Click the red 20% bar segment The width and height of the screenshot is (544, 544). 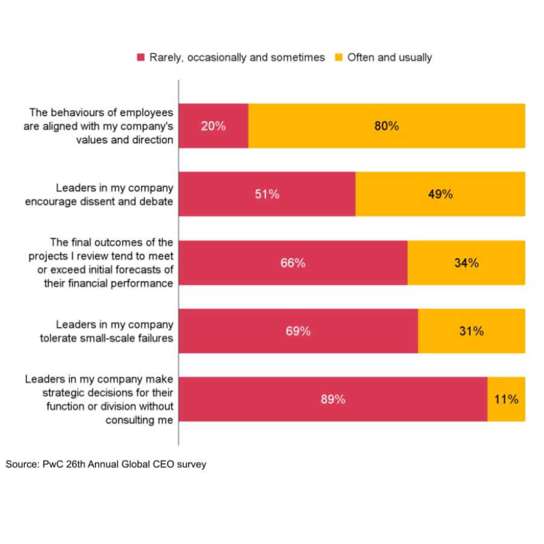tap(214, 126)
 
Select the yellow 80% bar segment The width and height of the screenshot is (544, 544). tap(386, 126)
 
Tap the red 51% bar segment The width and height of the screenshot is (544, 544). tap(267, 194)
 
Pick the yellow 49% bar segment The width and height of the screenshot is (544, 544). tap(440, 194)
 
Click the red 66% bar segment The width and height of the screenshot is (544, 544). tap(293, 262)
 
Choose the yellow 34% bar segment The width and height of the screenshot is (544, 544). tap(466, 262)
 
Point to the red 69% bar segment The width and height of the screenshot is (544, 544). tap(299, 331)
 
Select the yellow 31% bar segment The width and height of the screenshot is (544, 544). tap(471, 331)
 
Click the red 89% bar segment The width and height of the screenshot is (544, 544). tap(333, 399)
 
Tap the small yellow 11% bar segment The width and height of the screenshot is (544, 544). tap(506, 399)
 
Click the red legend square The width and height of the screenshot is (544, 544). tap(141, 57)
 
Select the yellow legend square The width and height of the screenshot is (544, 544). tap(339, 57)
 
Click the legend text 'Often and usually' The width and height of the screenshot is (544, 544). tap(390, 57)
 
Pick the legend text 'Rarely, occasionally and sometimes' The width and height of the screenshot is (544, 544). tap(237, 57)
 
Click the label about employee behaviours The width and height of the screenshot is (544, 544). tap(99, 126)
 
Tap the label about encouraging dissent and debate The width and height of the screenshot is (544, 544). tap(99, 195)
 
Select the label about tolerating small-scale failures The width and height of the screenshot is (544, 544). tap(106, 331)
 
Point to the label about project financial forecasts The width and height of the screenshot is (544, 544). tap(100, 263)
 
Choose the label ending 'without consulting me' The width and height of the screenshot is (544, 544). tap(99, 400)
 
